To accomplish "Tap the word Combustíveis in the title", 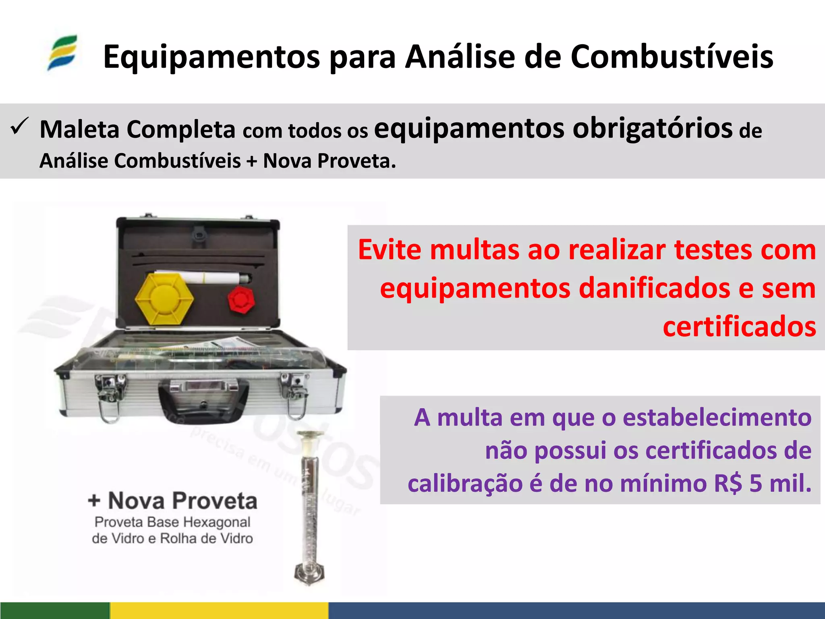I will point(672,57).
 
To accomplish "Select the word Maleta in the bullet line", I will point(79,130).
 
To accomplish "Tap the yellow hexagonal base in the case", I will point(164,299).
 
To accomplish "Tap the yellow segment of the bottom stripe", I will point(219,611).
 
